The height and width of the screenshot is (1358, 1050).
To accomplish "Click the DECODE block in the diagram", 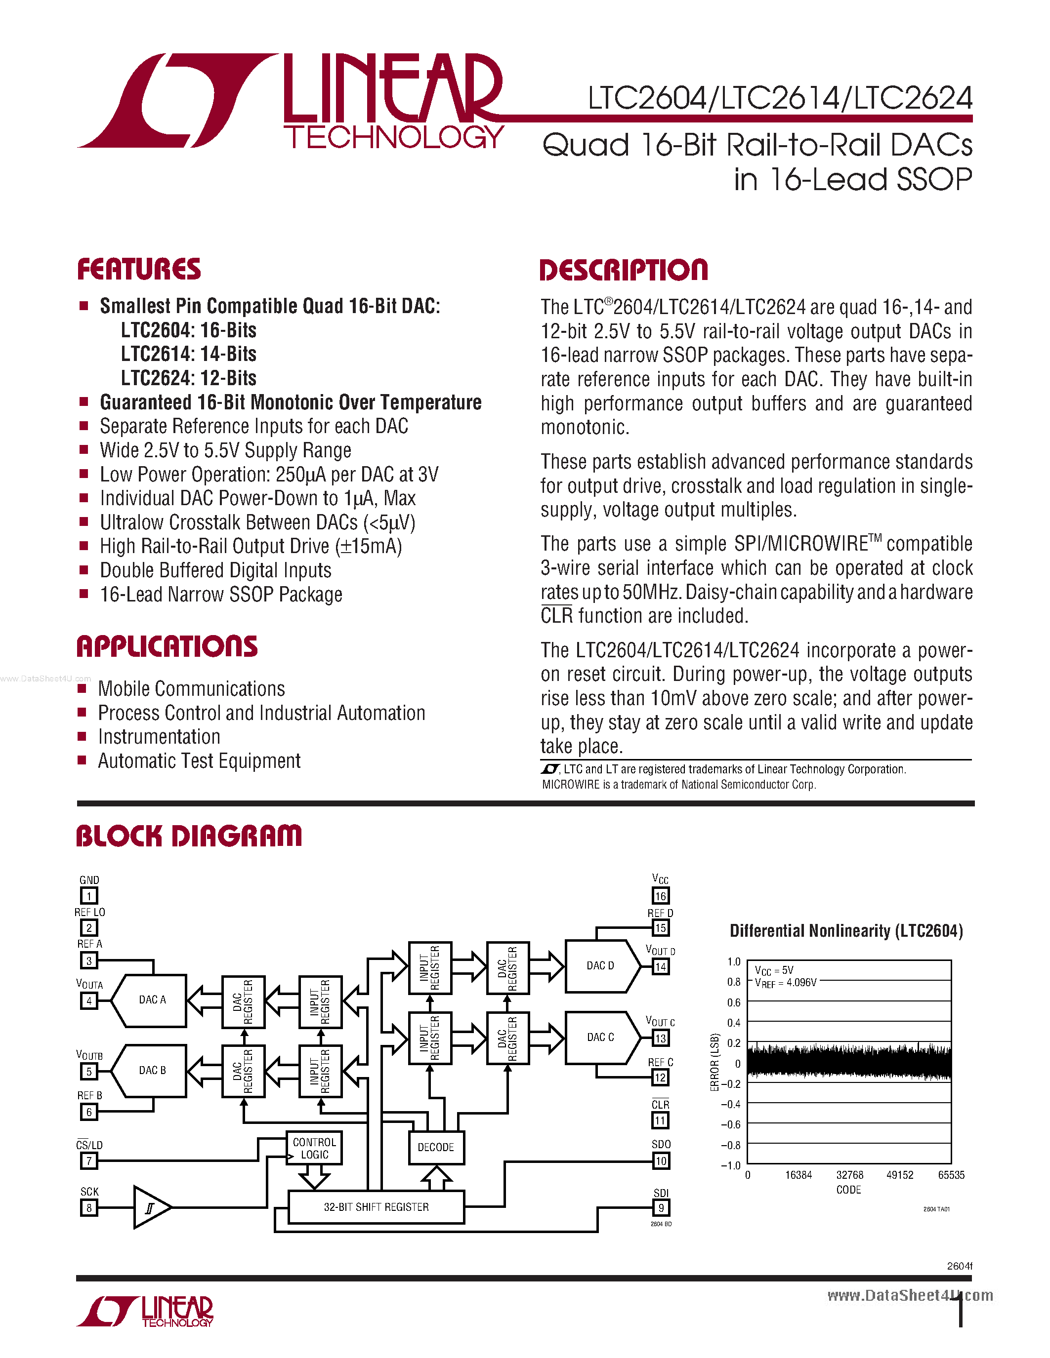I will (435, 1147).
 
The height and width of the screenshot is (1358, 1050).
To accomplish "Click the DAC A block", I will (152, 1000).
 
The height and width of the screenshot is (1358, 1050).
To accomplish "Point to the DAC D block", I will (600, 965).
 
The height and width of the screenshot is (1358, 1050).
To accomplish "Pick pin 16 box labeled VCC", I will (660, 896).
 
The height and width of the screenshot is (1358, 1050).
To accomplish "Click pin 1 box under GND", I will (89, 896).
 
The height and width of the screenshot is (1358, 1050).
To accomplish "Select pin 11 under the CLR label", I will (660, 1120).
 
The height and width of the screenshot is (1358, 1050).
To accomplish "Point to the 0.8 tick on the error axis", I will (734, 982).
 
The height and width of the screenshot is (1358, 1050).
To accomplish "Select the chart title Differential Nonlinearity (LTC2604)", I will (846, 931).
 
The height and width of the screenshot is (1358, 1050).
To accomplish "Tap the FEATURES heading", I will (139, 269).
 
